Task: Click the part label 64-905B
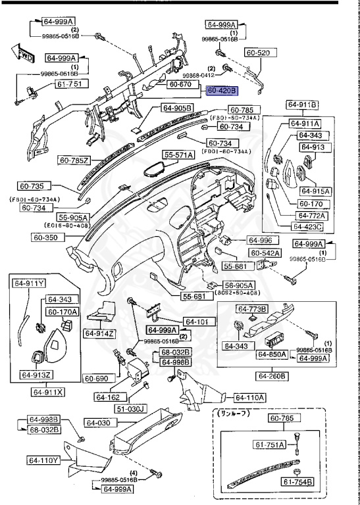[176, 107]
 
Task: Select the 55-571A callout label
[179, 155]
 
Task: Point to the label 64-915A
[315, 191]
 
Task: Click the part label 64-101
[195, 322]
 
